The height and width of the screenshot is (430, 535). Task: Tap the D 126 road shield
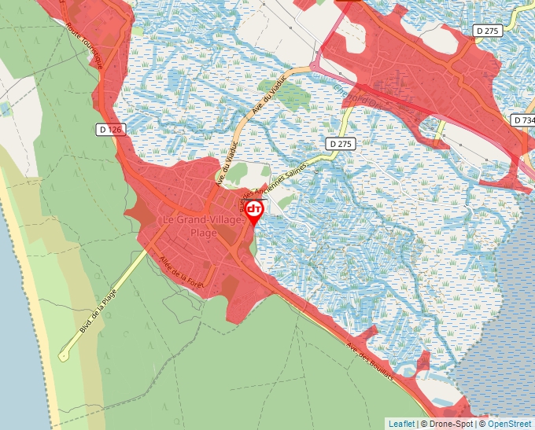click(x=112, y=129)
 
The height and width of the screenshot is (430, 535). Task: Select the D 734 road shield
click(x=522, y=120)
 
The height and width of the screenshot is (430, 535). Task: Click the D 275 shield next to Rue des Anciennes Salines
click(x=341, y=144)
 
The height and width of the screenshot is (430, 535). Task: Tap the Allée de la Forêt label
click(x=181, y=275)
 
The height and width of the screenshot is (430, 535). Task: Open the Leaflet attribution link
click(x=401, y=424)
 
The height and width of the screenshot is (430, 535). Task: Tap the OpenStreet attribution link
click(x=509, y=424)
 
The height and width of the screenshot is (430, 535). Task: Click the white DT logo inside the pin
click(x=254, y=209)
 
